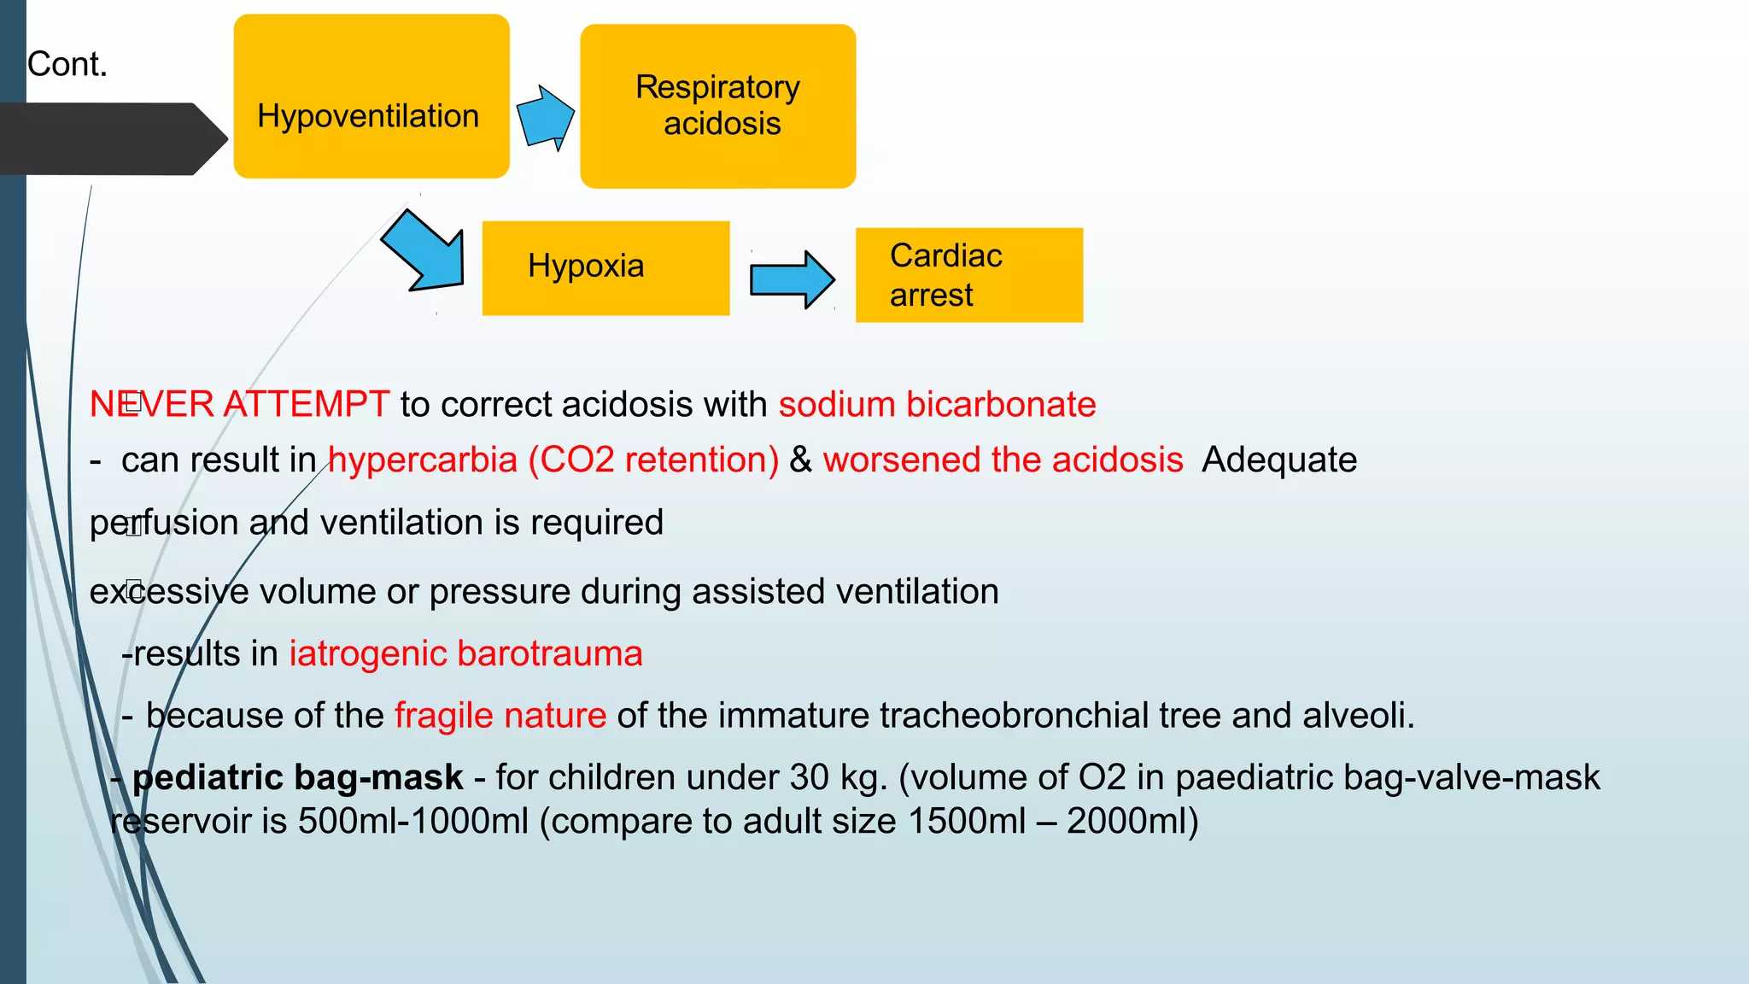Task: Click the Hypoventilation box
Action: click(x=371, y=96)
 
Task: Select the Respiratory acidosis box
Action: click(x=717, y=106)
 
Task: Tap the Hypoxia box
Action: click(x=605, y=268)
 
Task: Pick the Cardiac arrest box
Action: click(x=968, y=275)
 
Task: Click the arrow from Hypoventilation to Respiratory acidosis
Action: click(x=545, y=117)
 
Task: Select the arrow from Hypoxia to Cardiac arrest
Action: click(x=791, y=279)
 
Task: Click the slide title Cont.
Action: click(x=67, y=64)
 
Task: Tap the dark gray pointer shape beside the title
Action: click(x=111, y=138)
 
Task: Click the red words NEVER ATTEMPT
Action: click(x=240, y=404)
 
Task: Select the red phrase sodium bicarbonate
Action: click(x=937, y=404)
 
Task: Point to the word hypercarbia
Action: click(x=423, y=460)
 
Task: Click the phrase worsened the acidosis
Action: click(x=1003, y=460)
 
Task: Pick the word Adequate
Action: click(x=1278, y=460)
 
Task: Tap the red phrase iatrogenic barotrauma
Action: click(x=465, y=654)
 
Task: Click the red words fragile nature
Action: click(x=500, y=716)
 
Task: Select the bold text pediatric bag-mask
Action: click(x=297, y=777)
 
